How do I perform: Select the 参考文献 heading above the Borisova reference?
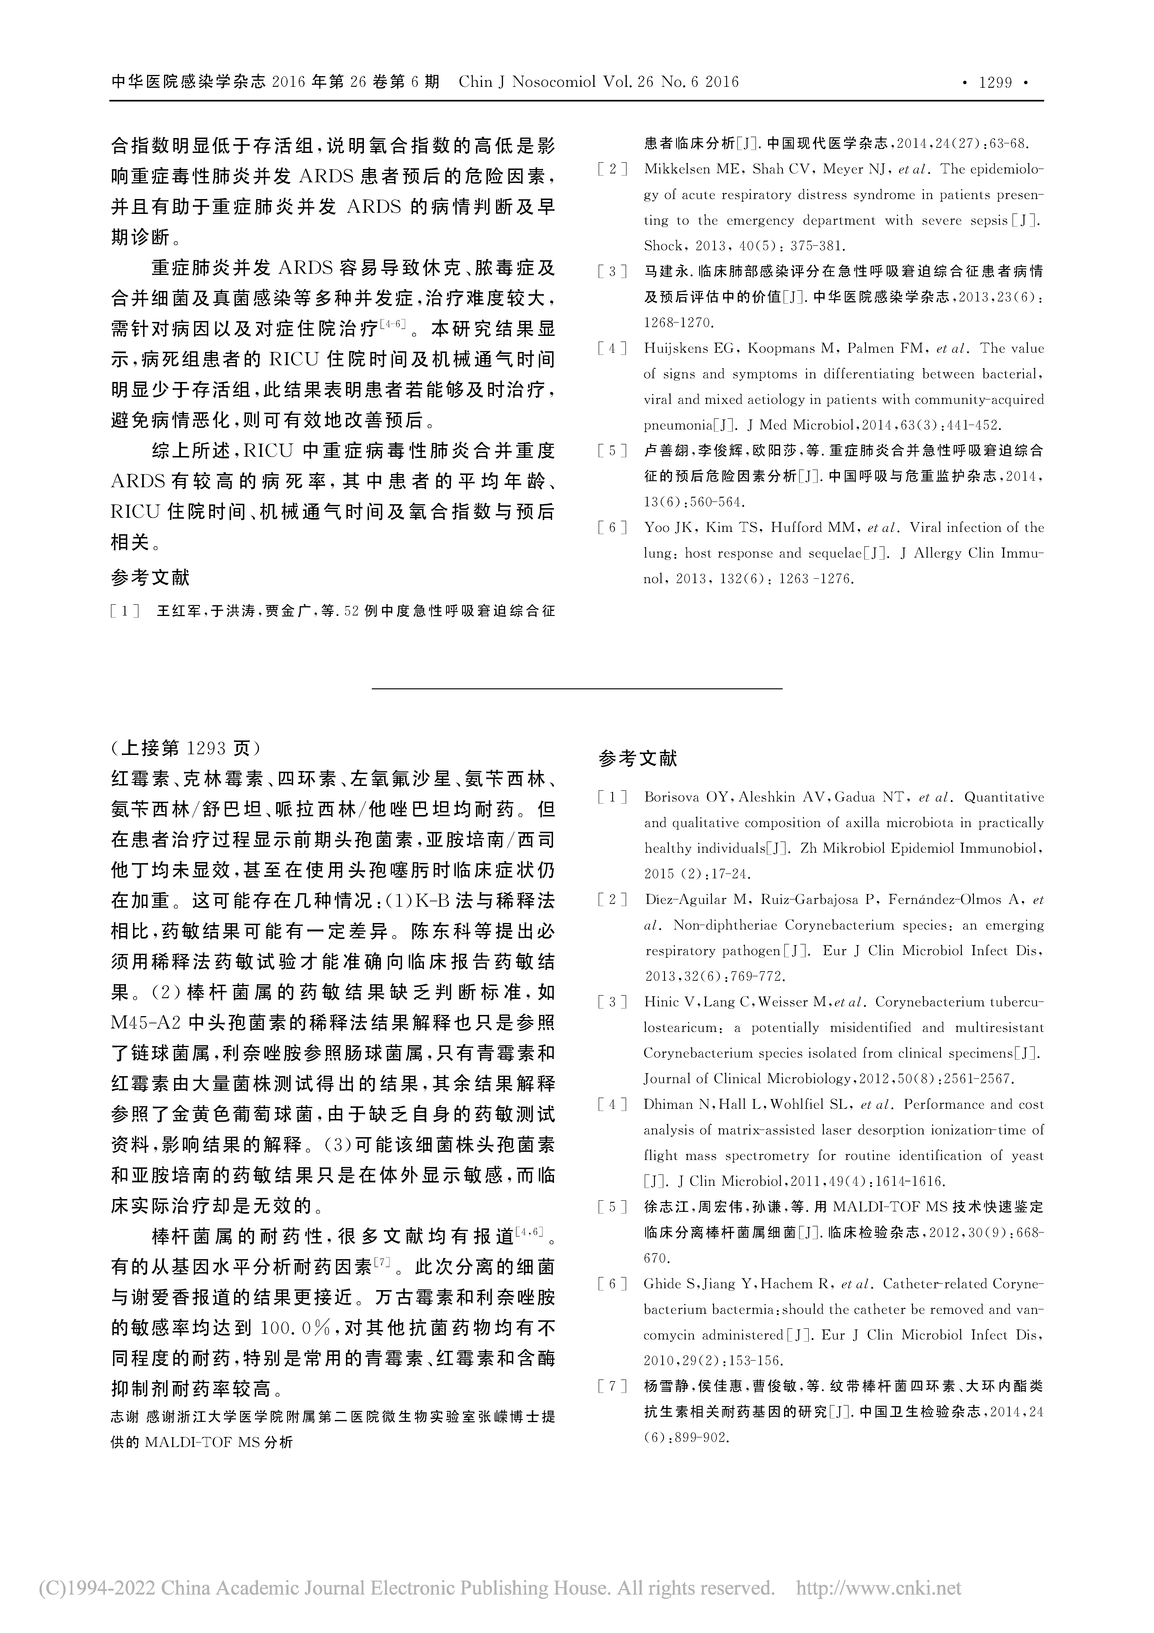coord(638,759)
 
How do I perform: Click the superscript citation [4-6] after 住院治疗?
coord(392,325)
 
